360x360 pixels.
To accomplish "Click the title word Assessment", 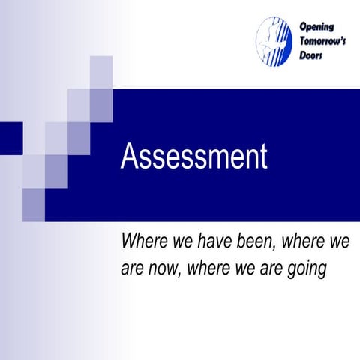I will point(193,157).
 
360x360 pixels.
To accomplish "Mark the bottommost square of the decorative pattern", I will point(34,205).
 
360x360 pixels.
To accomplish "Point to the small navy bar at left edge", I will point(10,139).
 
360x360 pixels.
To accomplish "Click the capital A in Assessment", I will point(128,157).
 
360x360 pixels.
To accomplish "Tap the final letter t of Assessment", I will point(262,157).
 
